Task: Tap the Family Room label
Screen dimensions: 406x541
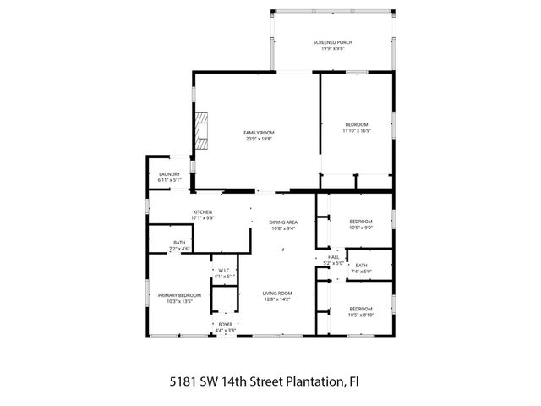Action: point(259,133)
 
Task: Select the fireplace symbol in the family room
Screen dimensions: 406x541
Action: point(200,130)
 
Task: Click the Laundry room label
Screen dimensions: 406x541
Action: point(170,174)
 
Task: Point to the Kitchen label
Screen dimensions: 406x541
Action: point(203,211)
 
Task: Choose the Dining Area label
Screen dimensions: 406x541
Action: point(283,222)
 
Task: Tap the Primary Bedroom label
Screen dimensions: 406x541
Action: point(179,294)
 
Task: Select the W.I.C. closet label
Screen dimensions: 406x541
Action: point(224,271)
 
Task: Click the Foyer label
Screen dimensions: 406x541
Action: point(225,324)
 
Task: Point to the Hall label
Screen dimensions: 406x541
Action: point(334,257)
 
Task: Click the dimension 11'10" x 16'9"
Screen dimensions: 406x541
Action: point(357,131)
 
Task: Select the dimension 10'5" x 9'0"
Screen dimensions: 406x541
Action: point(361,228)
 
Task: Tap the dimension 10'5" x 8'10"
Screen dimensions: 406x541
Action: point(361,315)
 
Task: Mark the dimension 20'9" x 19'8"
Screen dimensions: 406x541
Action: point(259,139)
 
